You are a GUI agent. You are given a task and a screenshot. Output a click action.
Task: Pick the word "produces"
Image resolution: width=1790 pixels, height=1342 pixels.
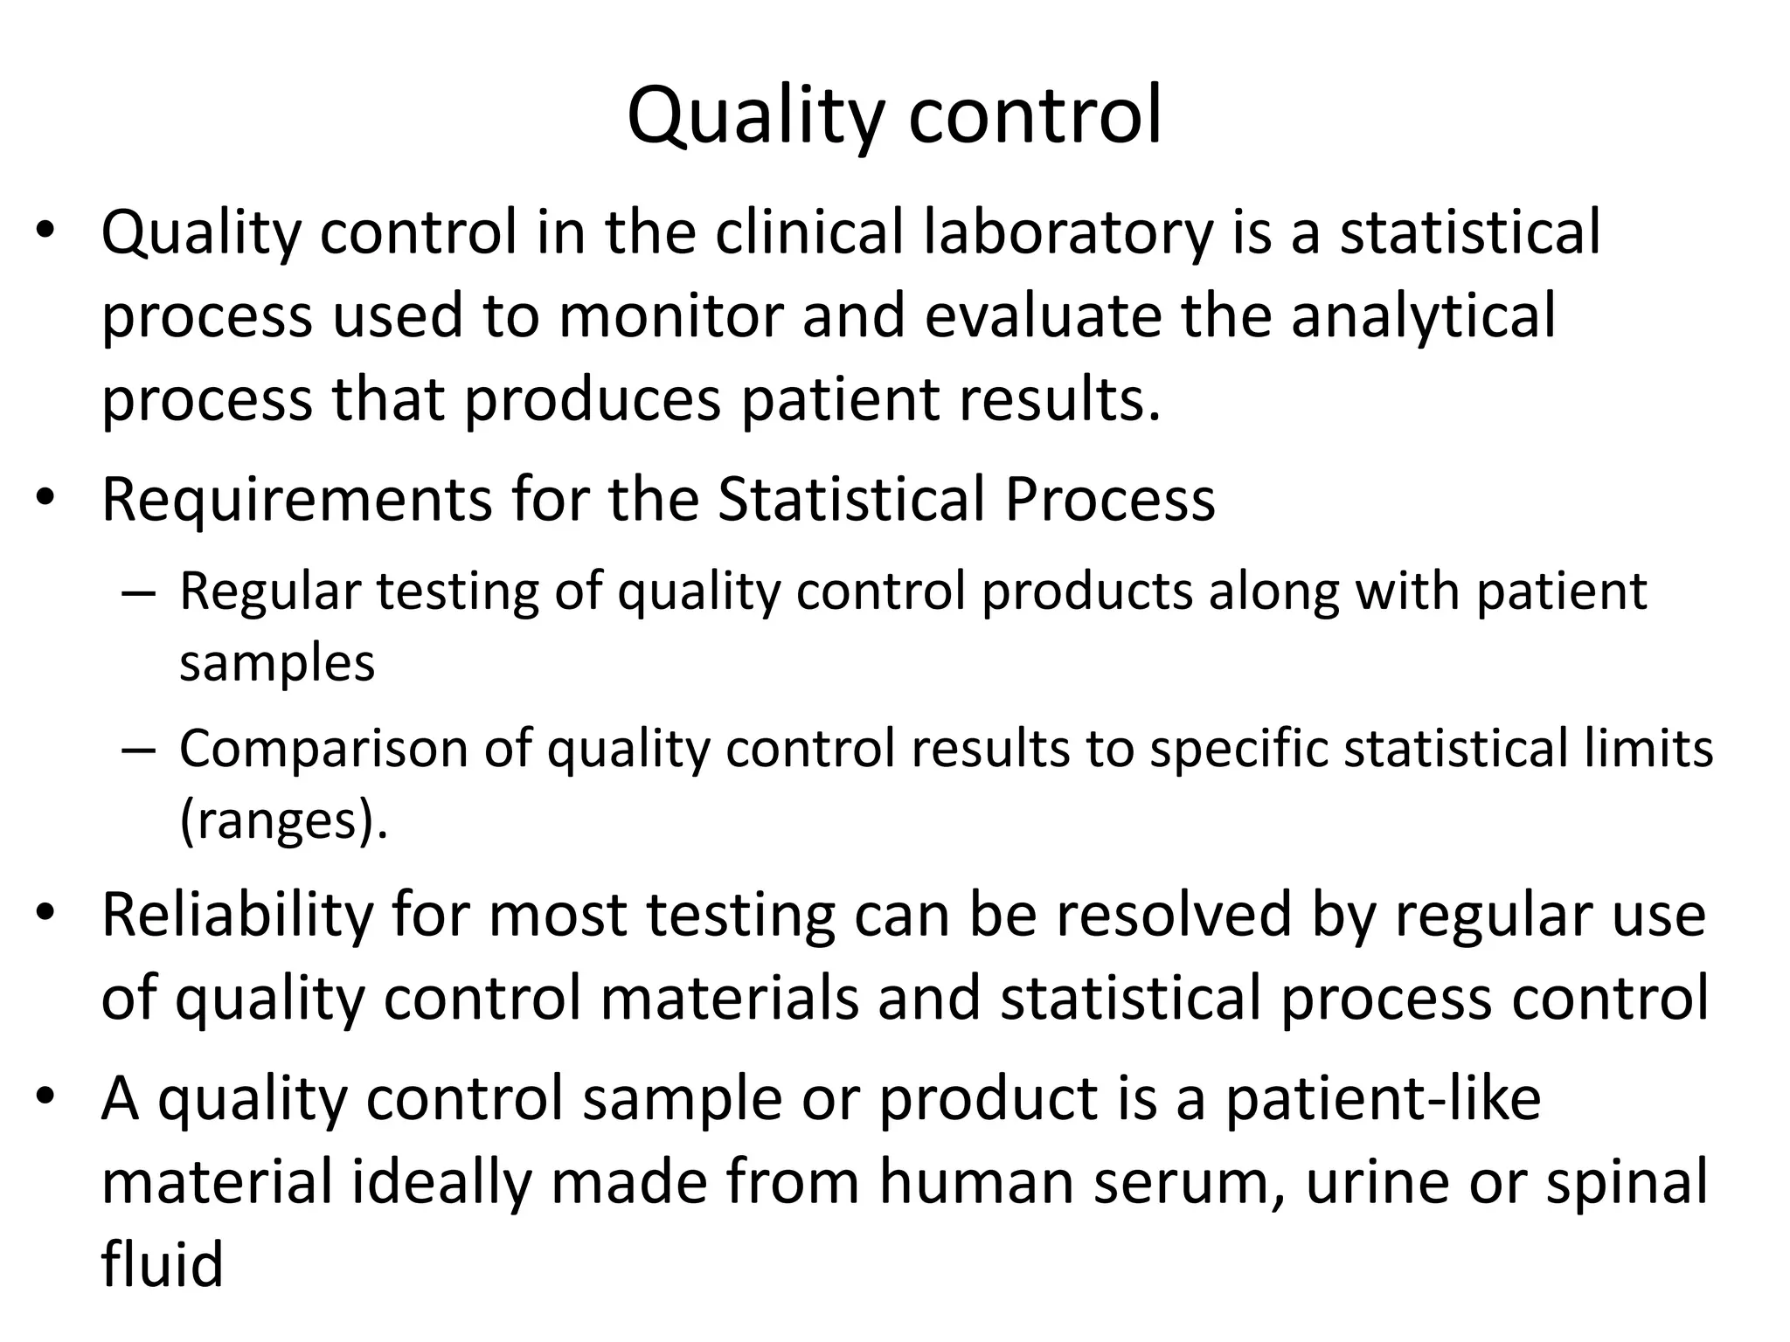(x=593, y=398)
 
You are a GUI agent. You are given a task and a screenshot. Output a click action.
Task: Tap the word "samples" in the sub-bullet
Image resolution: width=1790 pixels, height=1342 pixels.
(x=277, y=662)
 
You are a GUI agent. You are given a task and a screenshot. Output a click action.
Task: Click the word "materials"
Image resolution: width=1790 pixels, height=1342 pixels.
(x=730, y=999)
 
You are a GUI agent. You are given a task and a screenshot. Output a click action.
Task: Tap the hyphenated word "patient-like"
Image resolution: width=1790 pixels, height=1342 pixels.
(x=1383, y=1098)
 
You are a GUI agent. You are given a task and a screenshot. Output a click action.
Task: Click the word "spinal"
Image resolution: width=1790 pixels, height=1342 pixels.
(x=1627, y=1181)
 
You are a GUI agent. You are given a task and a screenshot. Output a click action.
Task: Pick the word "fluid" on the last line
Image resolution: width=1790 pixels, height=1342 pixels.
(x=163, y=1263)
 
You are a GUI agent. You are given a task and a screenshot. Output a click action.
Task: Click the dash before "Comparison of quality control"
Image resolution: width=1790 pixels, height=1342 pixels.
(x=139, y=750)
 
